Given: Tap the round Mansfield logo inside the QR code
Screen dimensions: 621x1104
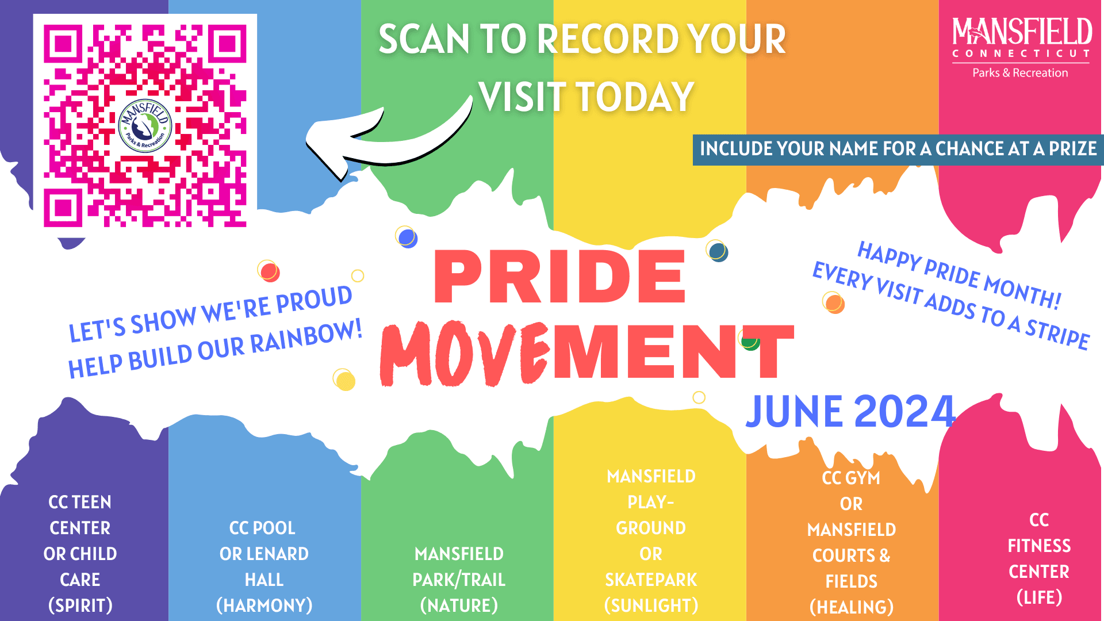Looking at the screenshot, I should (x=145, y=126).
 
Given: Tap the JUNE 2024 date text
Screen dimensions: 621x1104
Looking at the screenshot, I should (x=850, y=412).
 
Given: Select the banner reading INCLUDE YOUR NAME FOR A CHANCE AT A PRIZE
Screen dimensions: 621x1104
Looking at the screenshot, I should (x=898, y=149).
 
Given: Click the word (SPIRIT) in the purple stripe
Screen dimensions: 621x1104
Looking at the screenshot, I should (x=80, y=605).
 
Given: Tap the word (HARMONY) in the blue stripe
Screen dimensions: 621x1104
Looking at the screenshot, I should (x=264, y=605).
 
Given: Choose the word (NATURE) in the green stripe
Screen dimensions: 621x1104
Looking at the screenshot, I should (x=459, y=605).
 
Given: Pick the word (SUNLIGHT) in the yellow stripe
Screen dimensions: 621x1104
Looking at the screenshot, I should (x=651, y=605).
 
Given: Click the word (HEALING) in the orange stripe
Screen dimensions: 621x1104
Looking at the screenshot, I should (x=852, y=607).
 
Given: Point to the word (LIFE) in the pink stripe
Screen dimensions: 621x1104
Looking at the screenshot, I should (x=1039, y=597).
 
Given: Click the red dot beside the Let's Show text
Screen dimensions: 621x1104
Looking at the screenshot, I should (x=269, y=272).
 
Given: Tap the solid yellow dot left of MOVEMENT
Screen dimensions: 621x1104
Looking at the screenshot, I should (x=346, y=381).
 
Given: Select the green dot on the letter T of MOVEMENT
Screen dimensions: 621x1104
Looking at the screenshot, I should (x=750, y=343).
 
